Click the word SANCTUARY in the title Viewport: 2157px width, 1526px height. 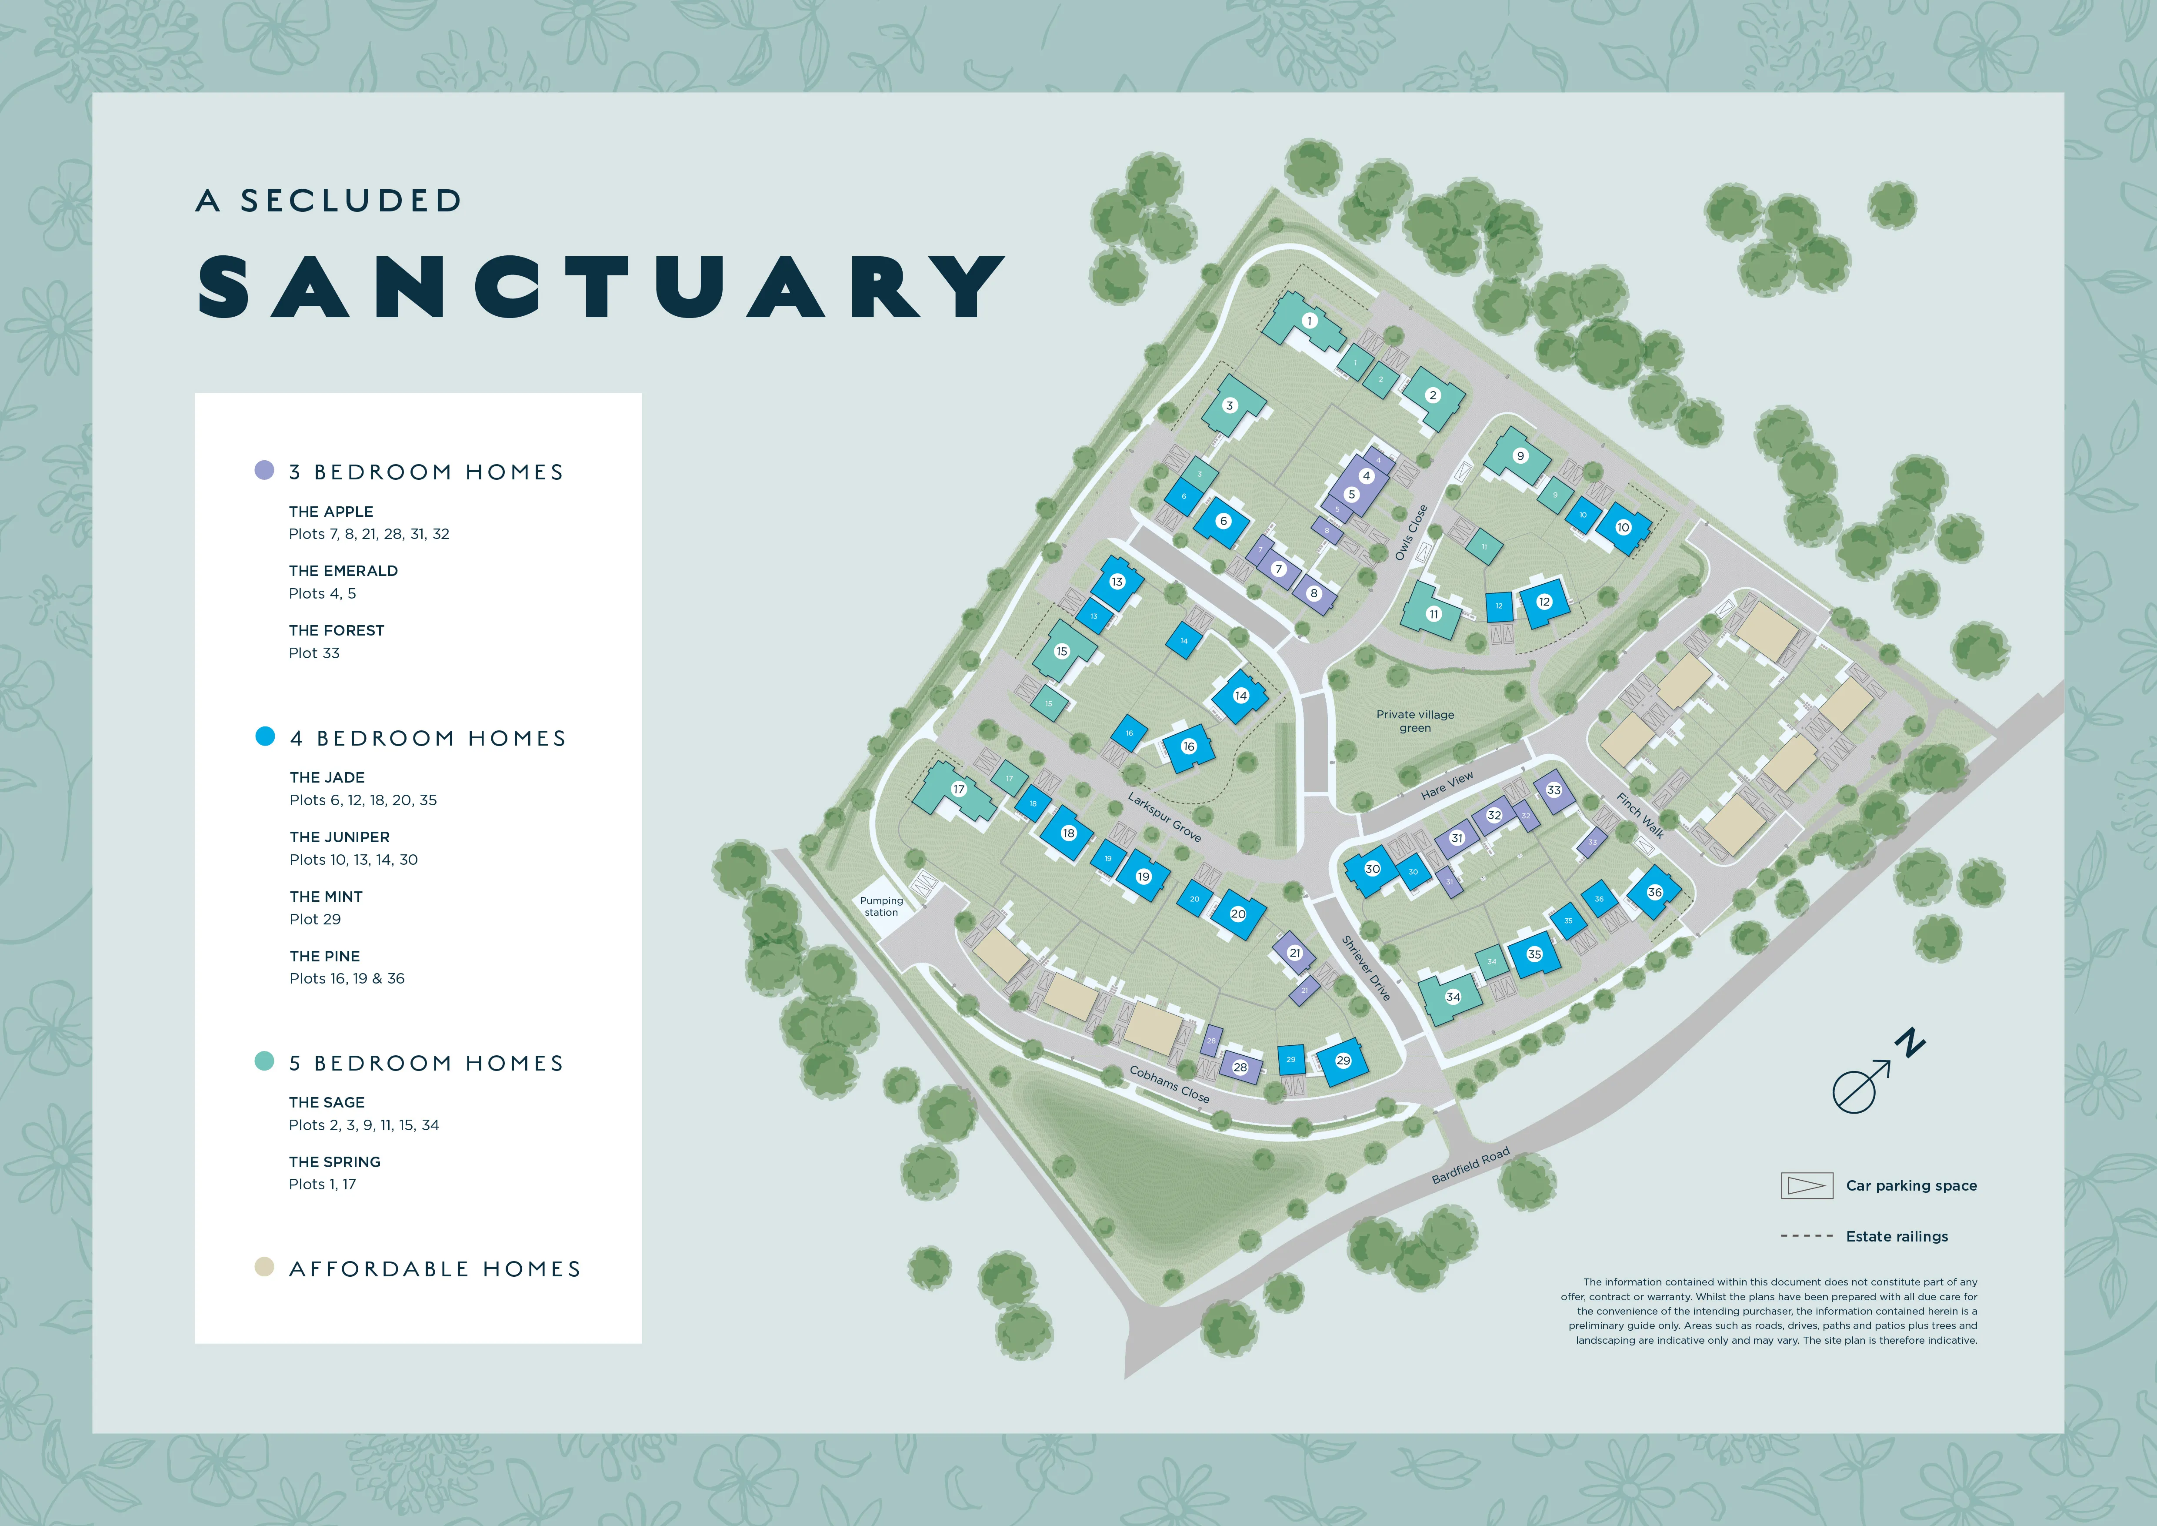[601, 287]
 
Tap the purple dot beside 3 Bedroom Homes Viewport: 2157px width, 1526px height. [265, 470]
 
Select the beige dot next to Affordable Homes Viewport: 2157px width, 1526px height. [265, 1267]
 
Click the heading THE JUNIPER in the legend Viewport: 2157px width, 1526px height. [339, 836]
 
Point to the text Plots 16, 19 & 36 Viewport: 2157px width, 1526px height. [347, 978]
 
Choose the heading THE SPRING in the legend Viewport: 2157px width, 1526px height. [334, 1161]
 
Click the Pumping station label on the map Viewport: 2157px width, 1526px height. [881, 906]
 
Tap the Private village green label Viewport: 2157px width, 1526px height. [1415, 721]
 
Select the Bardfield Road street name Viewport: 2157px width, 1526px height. [1470, 1165]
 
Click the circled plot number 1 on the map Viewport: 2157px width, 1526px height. [1310, 321]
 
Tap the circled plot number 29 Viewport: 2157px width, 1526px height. [1344, 1060]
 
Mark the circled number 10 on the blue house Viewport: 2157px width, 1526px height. [1623, 527]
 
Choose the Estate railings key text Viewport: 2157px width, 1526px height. [1897, 1237]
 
